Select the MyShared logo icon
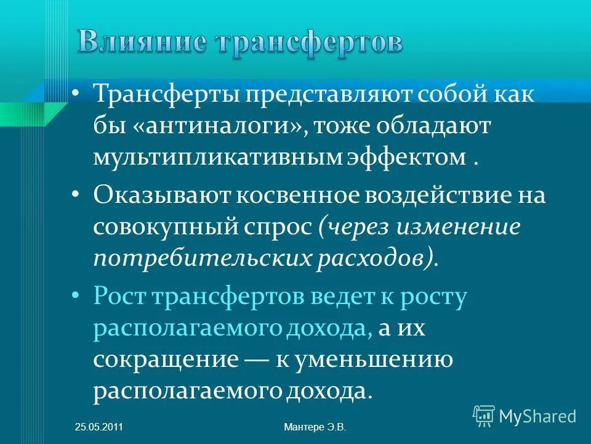coord(483,416)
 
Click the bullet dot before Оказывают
coord(76,194)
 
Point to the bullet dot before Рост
coord(76,296)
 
